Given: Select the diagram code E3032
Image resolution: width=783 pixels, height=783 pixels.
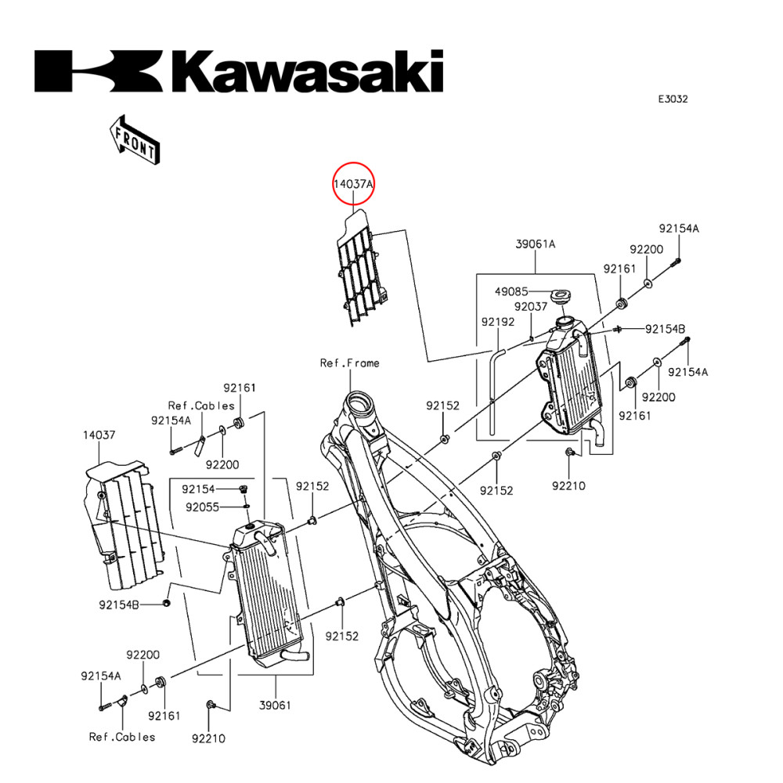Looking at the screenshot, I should pos(673,99).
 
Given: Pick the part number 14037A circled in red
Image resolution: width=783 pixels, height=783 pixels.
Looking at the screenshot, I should pos(354,185).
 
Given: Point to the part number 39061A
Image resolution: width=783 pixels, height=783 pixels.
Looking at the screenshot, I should pos(536,244).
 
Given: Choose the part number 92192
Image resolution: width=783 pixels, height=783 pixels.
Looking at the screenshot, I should pos(497,321).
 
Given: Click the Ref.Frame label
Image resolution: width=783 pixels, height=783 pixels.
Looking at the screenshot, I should pos(349,363).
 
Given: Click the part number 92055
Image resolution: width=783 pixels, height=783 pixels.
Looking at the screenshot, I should pos(202,507).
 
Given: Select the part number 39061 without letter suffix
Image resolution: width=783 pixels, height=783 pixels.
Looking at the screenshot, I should pos(275,705).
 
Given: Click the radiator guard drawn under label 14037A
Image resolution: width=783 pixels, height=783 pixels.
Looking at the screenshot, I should pos(360,266).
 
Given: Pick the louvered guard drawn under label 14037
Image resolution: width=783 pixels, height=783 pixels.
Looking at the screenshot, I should pos(125,525).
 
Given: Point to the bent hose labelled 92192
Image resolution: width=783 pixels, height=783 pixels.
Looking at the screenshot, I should pos(493,391).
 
